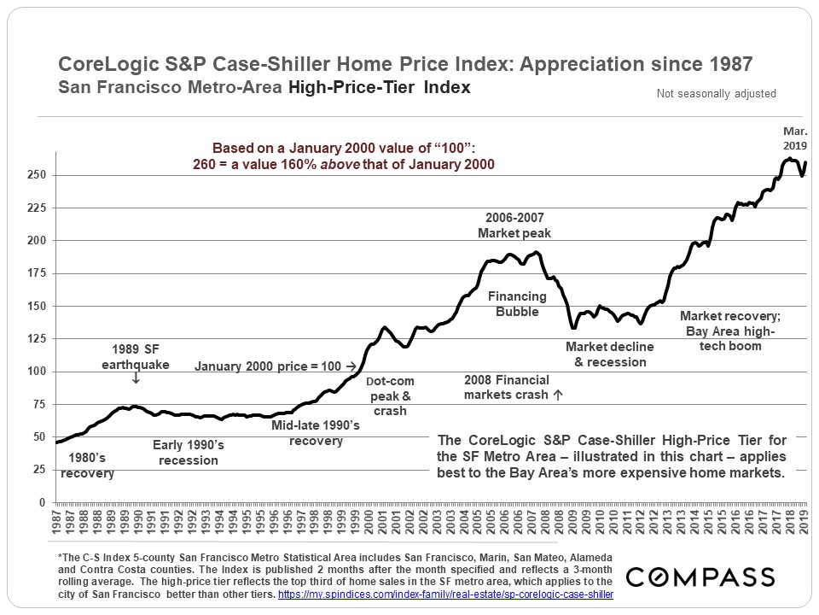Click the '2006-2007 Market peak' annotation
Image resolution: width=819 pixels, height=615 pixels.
[x=514, y=225]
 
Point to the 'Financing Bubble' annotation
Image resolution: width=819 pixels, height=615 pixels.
[x=518, y=304]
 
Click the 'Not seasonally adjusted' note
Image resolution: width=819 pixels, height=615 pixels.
[x=716, y=94]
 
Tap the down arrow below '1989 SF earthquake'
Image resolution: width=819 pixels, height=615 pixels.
[x=136, y=377]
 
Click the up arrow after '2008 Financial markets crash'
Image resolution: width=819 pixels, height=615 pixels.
[x=558, y=395]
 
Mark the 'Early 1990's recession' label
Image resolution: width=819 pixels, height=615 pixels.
[x=188, y=453]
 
